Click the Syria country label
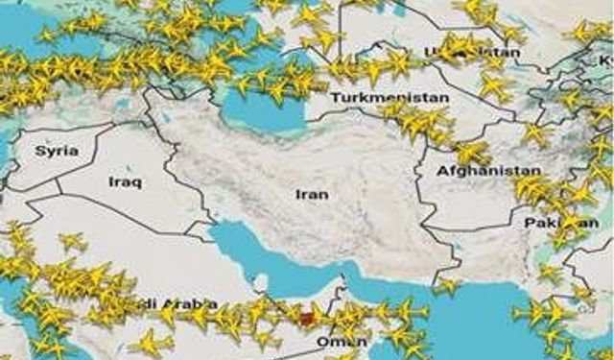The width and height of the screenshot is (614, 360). pyautogui.click(x=57, y=151)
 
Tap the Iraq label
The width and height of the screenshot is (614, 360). pyautogui.click(x=126, y=181)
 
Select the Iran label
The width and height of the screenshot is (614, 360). pyautogui.click(x=313, y=194)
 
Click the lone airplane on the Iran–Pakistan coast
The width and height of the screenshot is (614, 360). pyautogui.click(x=445, y=286)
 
